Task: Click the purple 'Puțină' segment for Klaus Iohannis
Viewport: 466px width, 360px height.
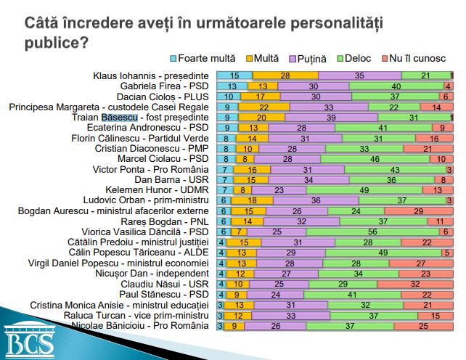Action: [359, 75]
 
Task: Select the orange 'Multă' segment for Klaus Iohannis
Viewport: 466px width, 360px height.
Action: [285, 75]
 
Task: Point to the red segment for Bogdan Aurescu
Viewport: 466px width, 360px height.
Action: [419, 210]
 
